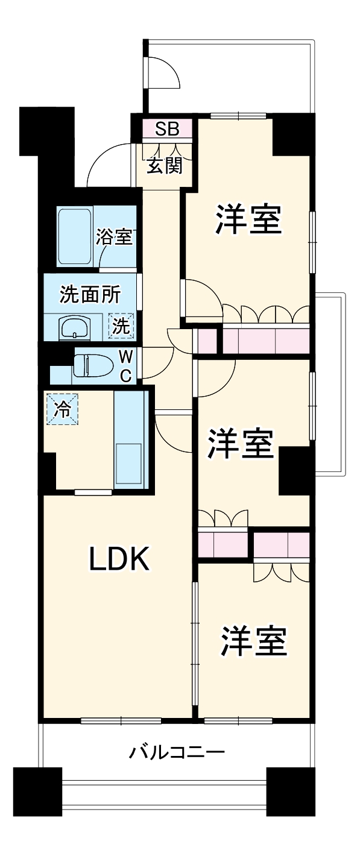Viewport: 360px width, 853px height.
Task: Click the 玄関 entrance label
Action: [x=164, y=166]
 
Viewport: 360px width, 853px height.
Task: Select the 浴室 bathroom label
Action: [x=113, y=237]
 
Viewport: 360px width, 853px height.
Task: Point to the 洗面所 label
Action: [x=90, y=295]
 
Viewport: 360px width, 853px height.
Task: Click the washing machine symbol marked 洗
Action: [x=121, y=327]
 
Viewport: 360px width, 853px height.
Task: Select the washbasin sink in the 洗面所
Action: [x=74, y=328]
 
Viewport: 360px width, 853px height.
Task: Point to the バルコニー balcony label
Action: [x=177, y=753]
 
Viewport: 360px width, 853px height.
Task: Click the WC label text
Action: [x=125, y=365]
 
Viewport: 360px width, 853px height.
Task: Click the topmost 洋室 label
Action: [x=249, y=221]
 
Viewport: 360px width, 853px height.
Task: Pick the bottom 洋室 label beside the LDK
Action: [x=253, y=643]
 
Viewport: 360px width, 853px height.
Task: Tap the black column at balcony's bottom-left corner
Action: [x=37, y=792]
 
